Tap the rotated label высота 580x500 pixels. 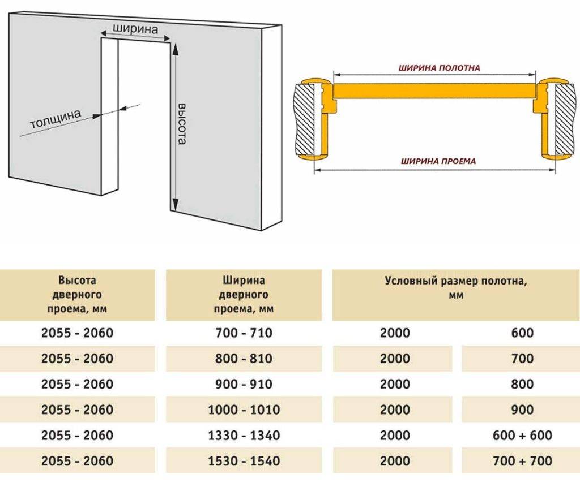pos(182,124)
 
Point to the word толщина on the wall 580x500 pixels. pos(56,119)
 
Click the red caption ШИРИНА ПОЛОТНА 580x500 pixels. pos(439,68)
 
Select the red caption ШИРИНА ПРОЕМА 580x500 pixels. pos(438,161)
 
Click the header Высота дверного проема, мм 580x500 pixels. pos(77,294)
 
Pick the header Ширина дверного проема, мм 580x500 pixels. pos(244,294)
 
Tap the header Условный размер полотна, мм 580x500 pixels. pos(456,287)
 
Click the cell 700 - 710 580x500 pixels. pos(244,333)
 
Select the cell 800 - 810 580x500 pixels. pos(244,358)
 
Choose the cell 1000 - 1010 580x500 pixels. pos(244,410)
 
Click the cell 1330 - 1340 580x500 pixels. pos(244,435)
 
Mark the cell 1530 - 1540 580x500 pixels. pos(244,460)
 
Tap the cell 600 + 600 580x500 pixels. pos(522,435)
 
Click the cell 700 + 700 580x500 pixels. pos(522,460)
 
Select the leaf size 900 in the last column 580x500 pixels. pos(522,410)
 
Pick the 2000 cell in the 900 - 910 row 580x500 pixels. pos(395,384)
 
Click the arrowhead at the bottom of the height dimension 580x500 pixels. pos(175,204)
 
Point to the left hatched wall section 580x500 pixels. pos(304,119)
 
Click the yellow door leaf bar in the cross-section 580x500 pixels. pos(434,90)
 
